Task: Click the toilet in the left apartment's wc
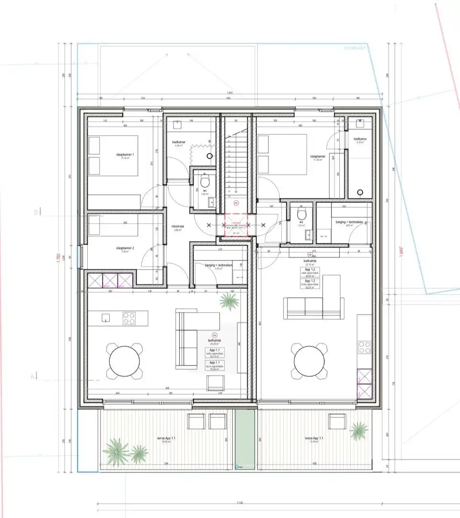click(205, 182)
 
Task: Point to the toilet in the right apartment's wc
click(301, 212)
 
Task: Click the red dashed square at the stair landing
click(235, 224)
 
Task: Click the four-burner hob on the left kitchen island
click(129, 318)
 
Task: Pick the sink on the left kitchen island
click(106, 317)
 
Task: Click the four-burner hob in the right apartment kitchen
click(364, 347)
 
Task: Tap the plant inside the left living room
click(229, 301)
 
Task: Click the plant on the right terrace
click(358, 429)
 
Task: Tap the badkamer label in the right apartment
click(360, 140)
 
